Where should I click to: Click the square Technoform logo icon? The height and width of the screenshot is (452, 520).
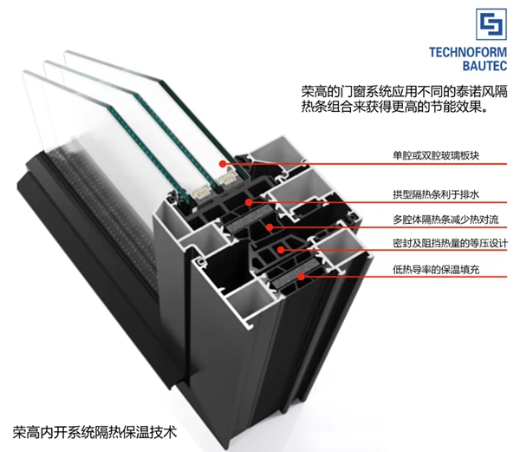point(491,24)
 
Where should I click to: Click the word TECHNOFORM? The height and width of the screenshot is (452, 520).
point(468,52)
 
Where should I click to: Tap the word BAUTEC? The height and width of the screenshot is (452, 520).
point(484,65)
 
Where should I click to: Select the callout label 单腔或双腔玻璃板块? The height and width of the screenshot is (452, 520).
point(436,155)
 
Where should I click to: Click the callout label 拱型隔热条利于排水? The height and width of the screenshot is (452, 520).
point(436,194)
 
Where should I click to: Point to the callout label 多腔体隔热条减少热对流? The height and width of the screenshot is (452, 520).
point(445,219)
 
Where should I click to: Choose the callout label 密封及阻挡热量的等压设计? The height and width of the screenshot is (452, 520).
point(450,244)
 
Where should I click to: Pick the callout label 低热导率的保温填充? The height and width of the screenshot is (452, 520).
point(436,270)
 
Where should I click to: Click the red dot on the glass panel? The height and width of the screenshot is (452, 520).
point(223,163)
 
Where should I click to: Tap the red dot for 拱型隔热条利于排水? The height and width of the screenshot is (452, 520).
point(249,202)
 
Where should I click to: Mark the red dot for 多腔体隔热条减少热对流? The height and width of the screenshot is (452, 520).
point(270,227)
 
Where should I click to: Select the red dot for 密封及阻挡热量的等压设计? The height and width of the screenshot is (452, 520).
point(281,250)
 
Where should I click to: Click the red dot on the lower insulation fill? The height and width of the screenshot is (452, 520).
point(301,276)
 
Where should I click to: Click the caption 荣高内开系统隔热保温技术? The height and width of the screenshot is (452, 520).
point(94,432)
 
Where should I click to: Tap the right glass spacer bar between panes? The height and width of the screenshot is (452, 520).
point(226,180)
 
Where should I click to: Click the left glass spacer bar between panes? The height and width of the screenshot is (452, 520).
point(202,192)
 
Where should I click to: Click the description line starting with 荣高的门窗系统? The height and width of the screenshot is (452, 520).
point(404,92)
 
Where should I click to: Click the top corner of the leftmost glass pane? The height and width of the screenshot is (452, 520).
point(23,71)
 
